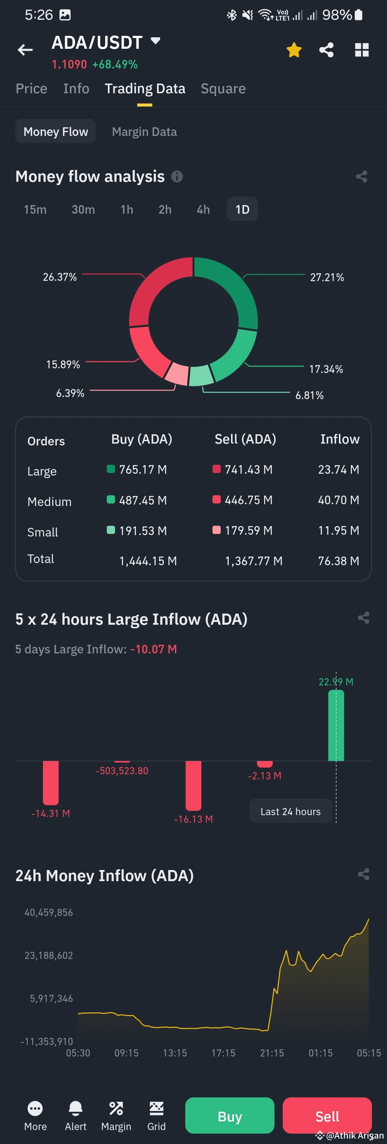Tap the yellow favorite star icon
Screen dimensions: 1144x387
294,50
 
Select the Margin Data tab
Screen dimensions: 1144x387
144,132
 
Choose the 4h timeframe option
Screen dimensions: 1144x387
203,210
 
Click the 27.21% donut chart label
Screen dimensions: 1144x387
327,278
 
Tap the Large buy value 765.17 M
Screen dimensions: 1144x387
143,469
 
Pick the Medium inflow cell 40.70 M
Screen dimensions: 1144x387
338,500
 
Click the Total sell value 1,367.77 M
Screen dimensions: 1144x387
253,561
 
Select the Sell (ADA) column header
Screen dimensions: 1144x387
245,439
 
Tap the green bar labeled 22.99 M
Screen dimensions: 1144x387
336,726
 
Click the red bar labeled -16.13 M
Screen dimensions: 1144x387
193,785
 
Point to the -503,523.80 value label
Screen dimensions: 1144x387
122,771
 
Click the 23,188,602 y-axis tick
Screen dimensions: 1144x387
49,956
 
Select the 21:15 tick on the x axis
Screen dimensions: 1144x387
272,1053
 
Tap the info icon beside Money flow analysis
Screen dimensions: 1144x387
177,177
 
